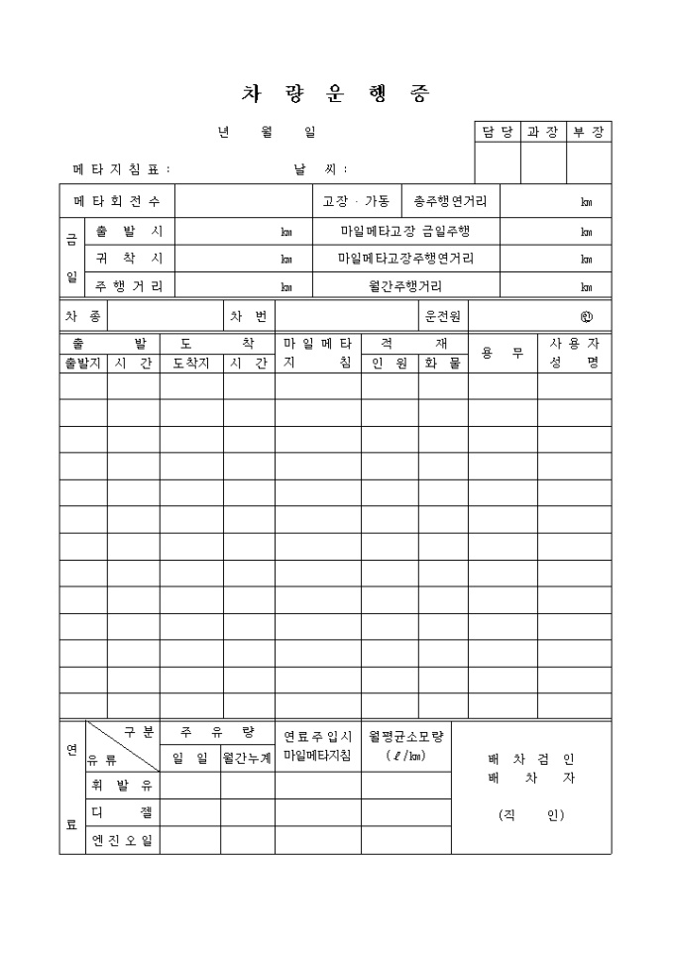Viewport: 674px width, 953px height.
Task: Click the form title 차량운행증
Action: (336, 94)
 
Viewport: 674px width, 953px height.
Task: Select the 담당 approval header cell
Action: (498, 132)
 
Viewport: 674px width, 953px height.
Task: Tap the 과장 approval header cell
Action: (542, 132)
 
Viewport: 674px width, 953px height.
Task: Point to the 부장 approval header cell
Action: (589, 132)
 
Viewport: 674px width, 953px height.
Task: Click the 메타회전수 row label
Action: (117, 202)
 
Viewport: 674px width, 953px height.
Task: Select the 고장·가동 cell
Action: (357, 202)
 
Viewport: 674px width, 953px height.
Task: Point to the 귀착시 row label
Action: (129, 259)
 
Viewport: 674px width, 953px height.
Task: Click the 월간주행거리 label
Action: (406, 286)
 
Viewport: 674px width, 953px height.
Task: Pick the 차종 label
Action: (83, 317)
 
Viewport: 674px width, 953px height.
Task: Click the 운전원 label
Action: (441, 317)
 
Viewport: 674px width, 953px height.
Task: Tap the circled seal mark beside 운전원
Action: (587, 318)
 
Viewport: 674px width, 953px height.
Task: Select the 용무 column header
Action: (503, 353)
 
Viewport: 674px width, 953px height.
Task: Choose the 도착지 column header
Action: (191, 364)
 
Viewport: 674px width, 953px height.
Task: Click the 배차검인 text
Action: (531, 760)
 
